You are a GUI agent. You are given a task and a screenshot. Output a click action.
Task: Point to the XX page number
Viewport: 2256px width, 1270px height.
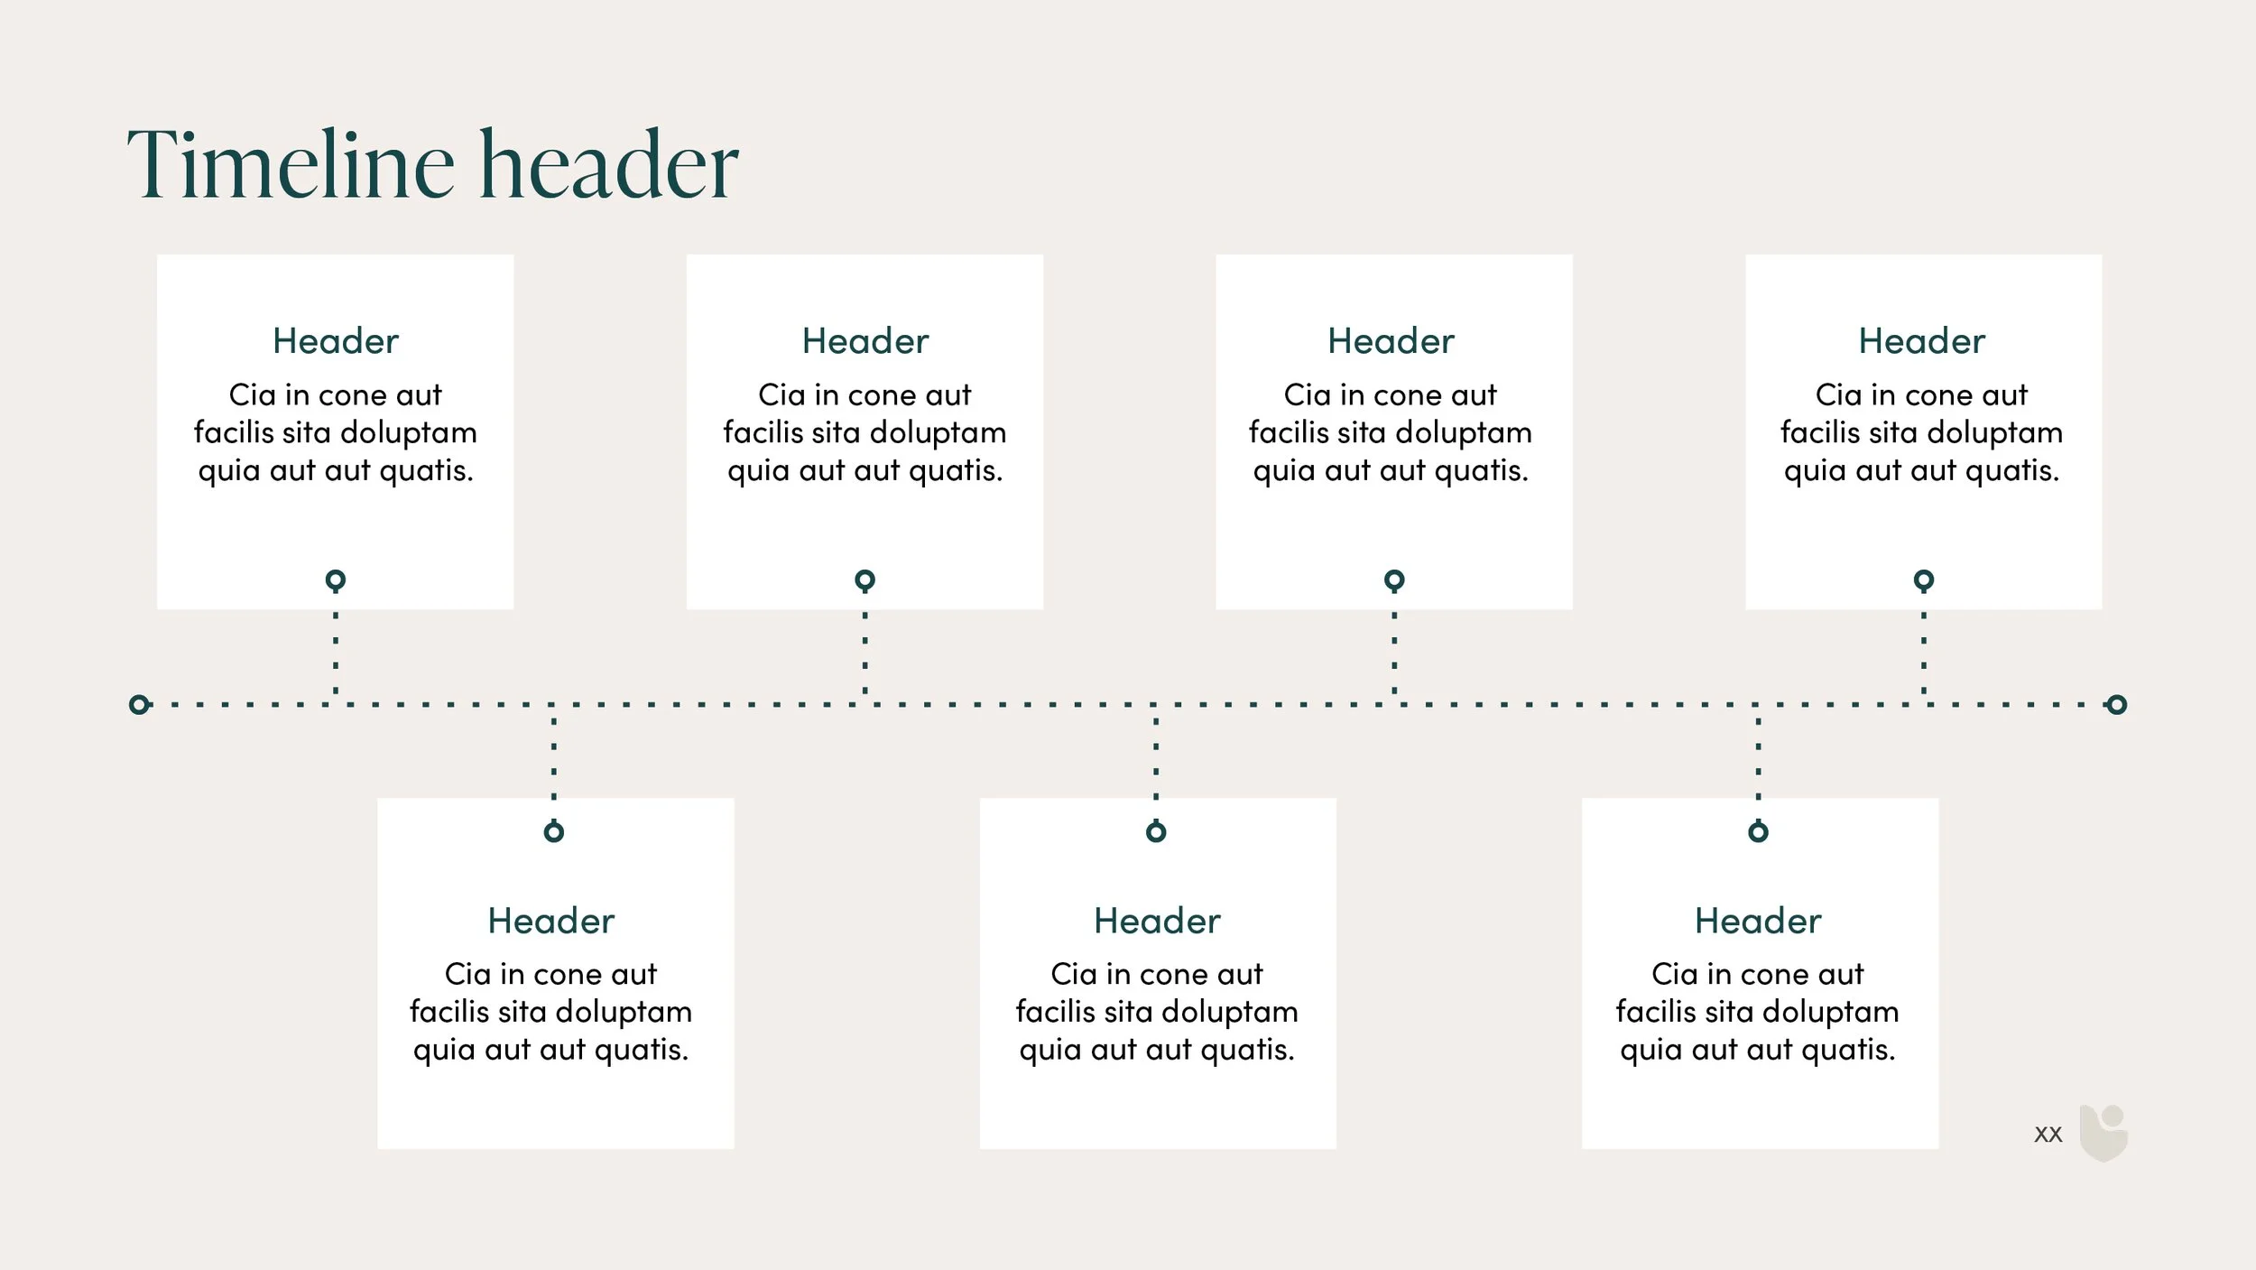(2048, 1135)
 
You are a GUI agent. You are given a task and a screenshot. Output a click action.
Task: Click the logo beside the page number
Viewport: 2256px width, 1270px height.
(2103, 1133)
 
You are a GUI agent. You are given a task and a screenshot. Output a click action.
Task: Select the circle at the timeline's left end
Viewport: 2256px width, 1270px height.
(139, 704)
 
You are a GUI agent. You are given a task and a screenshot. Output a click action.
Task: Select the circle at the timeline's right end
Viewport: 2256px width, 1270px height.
(2117, 704)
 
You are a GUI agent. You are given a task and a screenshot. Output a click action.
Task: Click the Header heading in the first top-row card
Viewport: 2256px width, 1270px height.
(336, 341)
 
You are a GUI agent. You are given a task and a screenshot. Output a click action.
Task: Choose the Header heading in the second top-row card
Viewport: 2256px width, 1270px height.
(864, 341)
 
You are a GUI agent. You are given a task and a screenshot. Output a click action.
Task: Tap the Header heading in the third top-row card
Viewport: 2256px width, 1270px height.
(1391, 341)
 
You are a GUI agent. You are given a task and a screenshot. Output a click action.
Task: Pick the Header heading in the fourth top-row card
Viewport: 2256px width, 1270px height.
(1921, 341)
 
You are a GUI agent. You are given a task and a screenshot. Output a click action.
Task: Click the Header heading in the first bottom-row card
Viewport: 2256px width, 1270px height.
(550, 921)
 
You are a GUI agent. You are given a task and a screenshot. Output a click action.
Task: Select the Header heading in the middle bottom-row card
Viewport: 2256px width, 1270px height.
(1157, 921)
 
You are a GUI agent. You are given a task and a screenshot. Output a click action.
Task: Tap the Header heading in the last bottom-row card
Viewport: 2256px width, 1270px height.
(1758, 921)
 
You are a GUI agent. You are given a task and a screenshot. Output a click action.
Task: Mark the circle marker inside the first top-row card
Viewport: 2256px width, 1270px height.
(336, 579)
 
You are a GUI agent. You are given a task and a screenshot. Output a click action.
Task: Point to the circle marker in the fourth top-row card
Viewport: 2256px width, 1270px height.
(1924, 579)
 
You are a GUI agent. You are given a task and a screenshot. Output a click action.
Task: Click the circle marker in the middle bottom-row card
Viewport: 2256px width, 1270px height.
(1156, 831)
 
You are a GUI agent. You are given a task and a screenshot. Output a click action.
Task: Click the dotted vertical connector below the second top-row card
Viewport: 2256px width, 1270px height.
(864, 653)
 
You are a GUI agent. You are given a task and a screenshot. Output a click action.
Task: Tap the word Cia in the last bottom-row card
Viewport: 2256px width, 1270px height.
(1674, 974)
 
